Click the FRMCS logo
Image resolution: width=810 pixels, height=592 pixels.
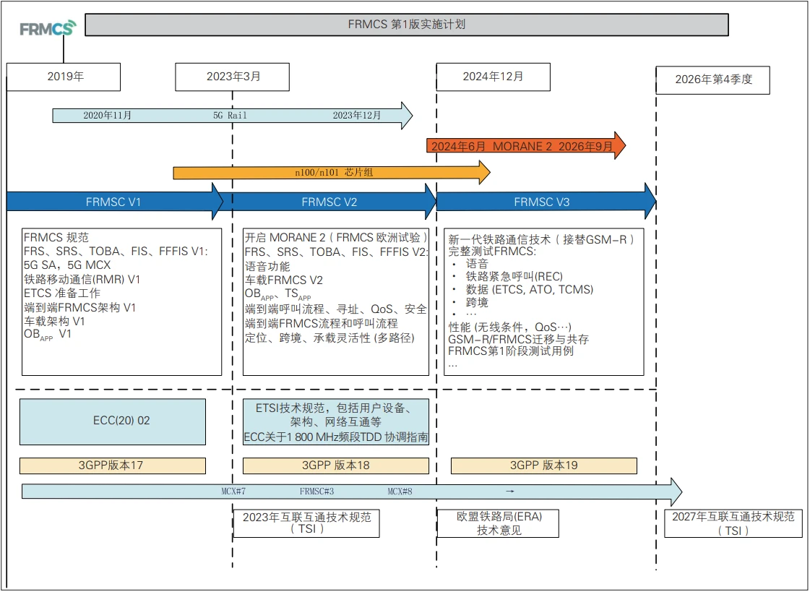tap(47, 29)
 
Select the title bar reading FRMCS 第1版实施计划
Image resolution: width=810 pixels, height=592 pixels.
tap(406, 24)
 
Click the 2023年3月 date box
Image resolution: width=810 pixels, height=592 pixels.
tap(233, 77)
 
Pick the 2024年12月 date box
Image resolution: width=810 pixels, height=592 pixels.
tap(493, 76)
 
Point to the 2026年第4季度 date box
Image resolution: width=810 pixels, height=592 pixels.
tap(712, 80)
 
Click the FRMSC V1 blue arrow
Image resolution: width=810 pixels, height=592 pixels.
tap(113, 202)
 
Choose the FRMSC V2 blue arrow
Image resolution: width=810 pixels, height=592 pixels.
tap(329, 202)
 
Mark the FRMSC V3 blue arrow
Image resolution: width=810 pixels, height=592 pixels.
tap(542, 202)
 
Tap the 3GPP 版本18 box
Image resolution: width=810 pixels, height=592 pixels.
tap(335, 466)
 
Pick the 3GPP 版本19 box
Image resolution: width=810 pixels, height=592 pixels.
tap(543, 466)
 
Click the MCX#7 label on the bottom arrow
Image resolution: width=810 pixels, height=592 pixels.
tap(233, 492)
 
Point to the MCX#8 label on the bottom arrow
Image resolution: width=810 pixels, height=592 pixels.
tap(400, 492)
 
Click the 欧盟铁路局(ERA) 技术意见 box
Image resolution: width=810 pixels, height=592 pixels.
tap(499, 523)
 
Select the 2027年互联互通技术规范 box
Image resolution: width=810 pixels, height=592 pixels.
tap(733, 523)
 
